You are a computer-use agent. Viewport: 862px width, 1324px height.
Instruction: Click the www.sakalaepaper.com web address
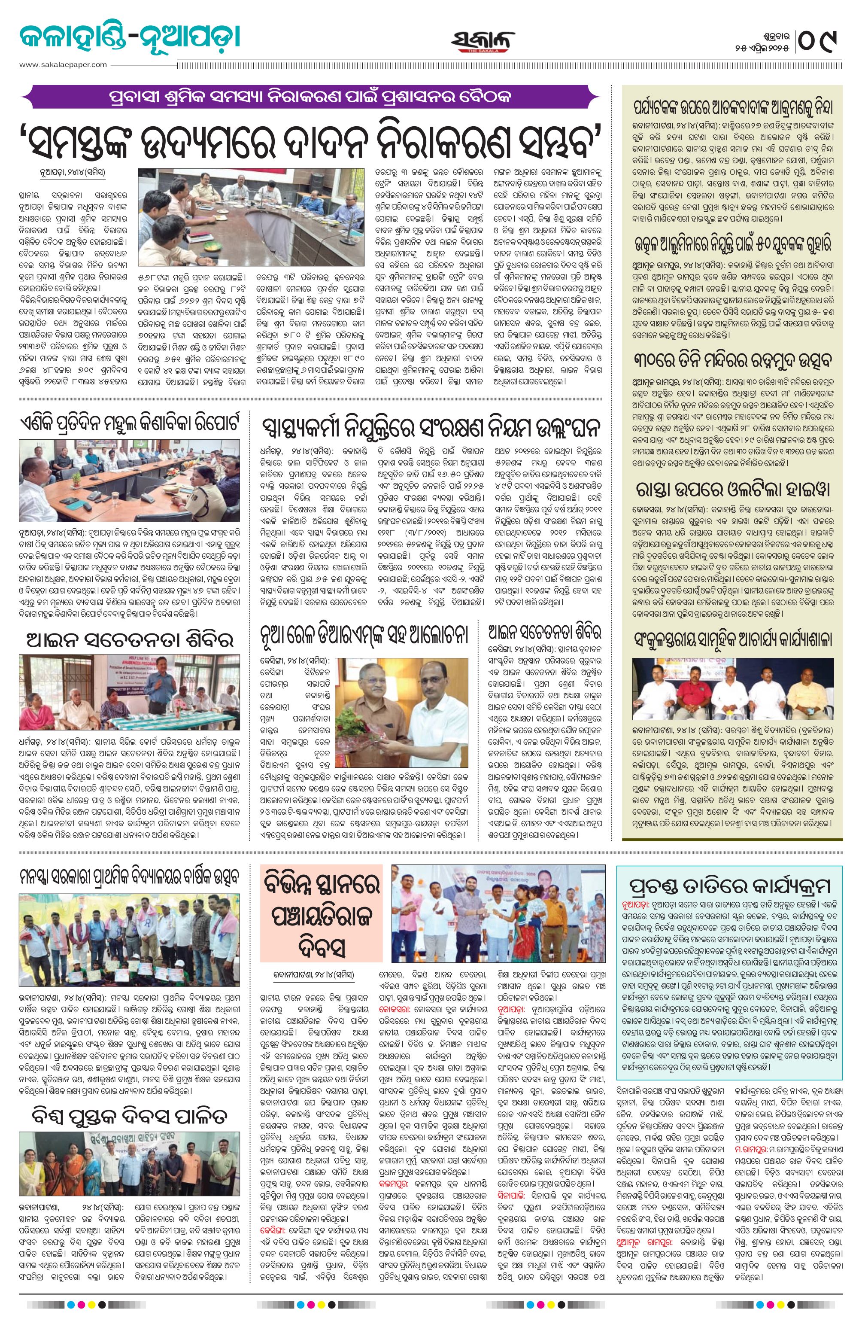coord(63,64)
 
